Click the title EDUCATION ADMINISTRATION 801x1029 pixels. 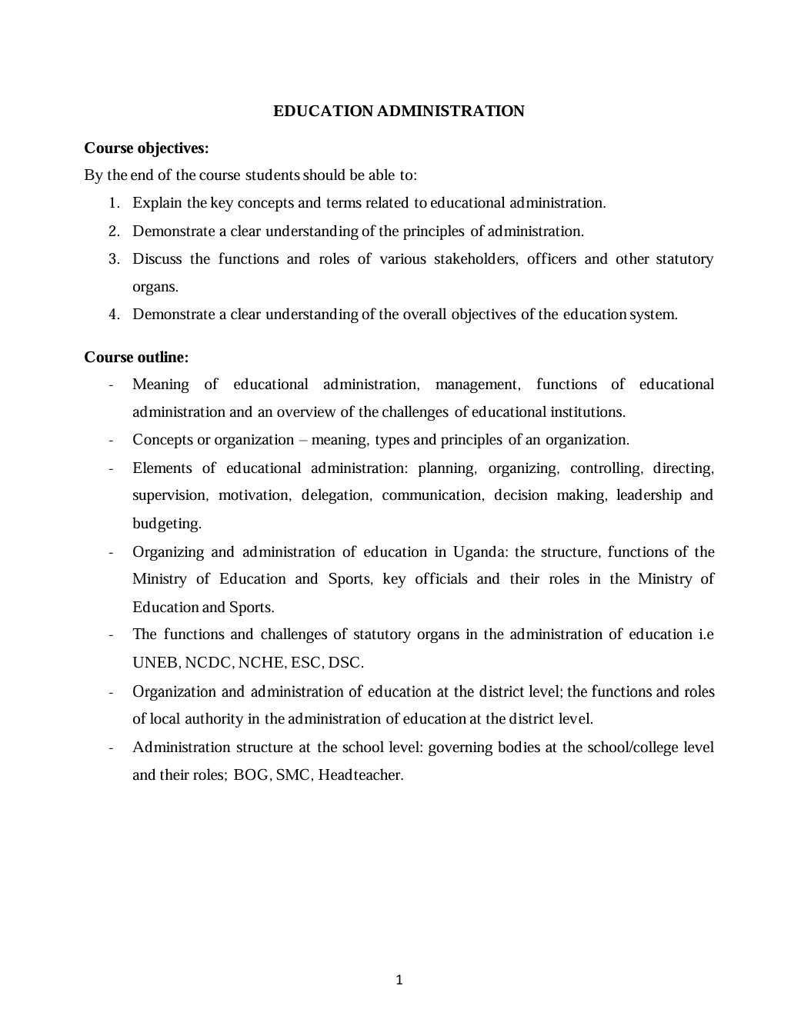[x=399, y=111]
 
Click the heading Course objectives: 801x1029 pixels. [x=146, y=148]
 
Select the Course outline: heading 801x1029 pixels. [x=136, y=357]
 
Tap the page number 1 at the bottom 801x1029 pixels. [x=399, y=980]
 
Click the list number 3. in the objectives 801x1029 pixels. [x=114, y=259]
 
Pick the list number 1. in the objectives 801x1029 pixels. [x=114, y=203]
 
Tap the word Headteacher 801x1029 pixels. [x=360, y=774]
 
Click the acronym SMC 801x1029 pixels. [x=292, y=774]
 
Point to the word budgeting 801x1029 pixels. [x=166, y=524]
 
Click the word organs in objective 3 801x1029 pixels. [x=155, y=288]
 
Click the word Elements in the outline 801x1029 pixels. [x=162, y=468]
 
